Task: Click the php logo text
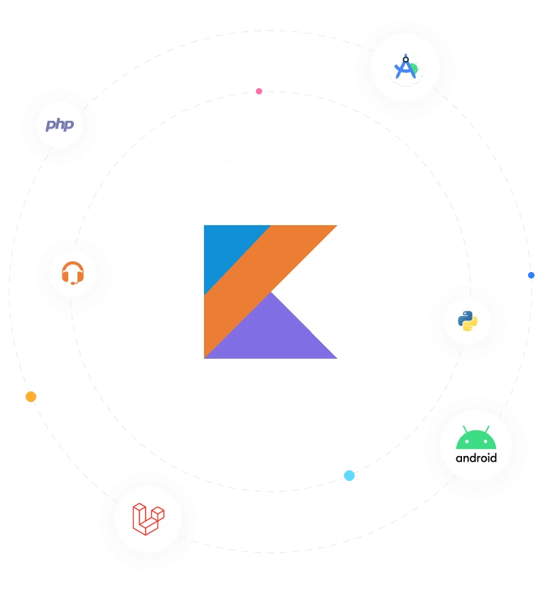pos(60,125)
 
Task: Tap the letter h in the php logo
pos(60,124)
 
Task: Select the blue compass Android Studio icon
pos(404,67)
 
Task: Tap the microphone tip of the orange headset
pos(72,282)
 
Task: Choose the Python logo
pos(467,321)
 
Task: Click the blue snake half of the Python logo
pos(464,317)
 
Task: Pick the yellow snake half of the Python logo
pos(471,325)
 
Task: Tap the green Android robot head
pos(476,438)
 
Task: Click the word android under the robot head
pos(476,458)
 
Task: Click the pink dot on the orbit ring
pos(259,91)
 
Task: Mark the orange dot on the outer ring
pos(31,397)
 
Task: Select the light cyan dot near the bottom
pos(349,475)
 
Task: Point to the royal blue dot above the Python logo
pos(531,275)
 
